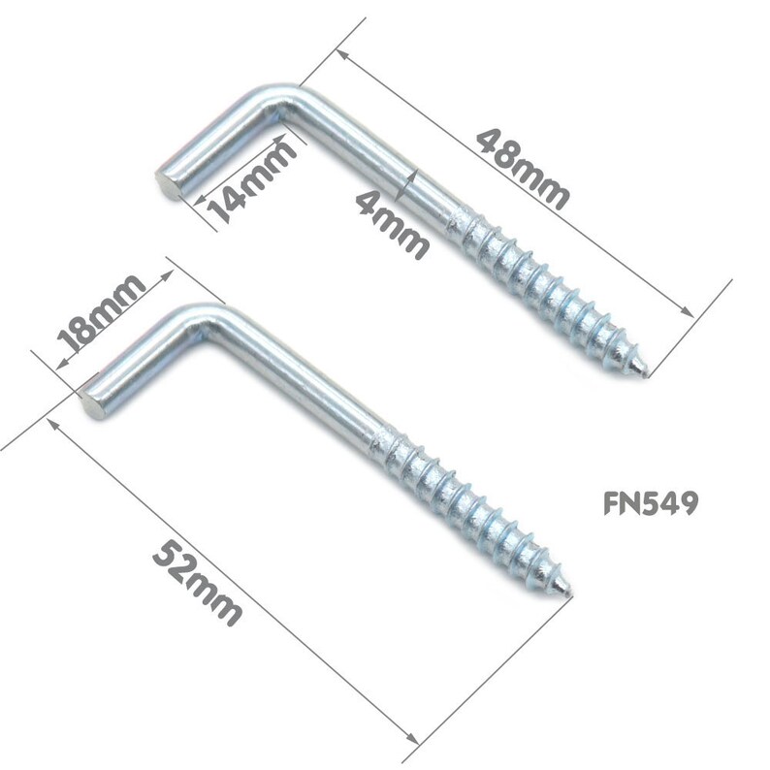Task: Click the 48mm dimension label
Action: click(x=522, y=168)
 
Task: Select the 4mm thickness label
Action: click(x=392, y=223)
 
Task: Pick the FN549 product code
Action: click(x=650, y=503)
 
